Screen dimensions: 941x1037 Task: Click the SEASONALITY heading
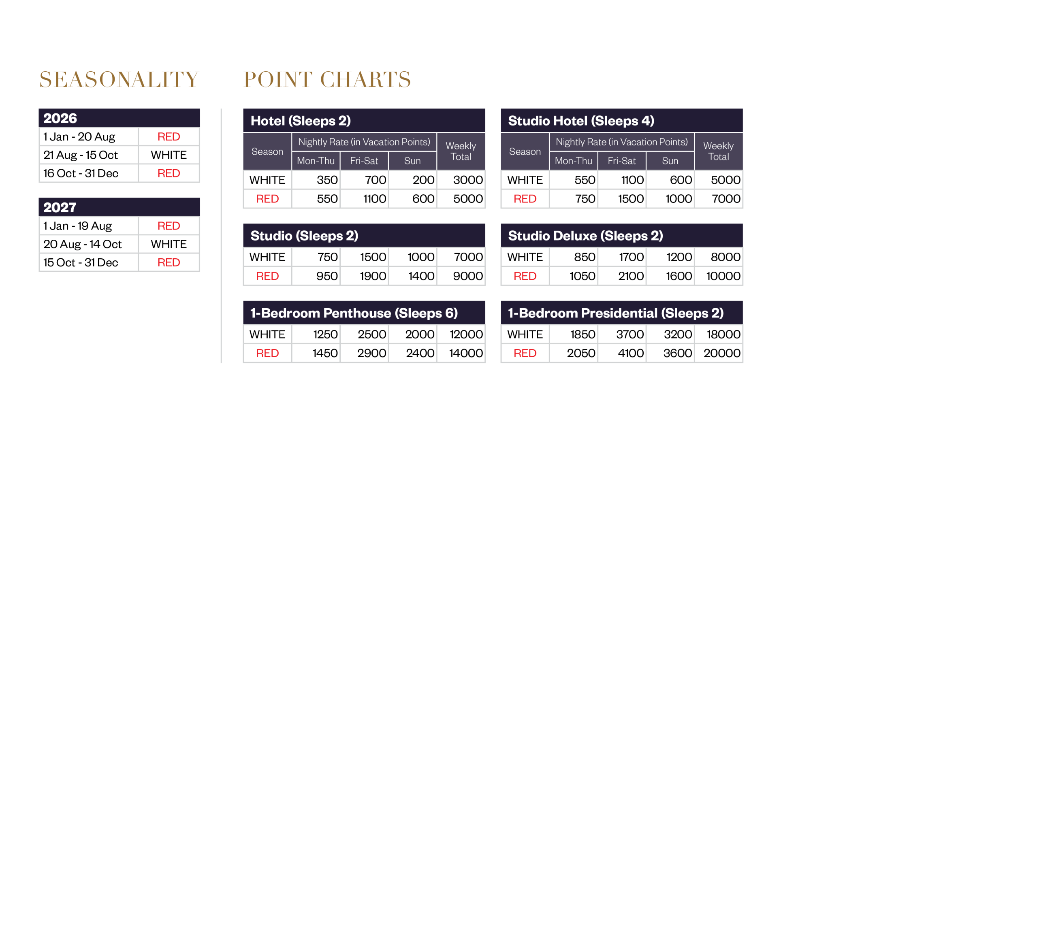point(119,80)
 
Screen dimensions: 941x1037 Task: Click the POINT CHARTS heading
point(326,80)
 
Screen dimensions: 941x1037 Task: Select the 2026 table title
point(60,118)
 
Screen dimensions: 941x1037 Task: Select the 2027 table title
point(60,207)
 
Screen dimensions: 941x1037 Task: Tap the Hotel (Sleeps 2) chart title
point(301,121)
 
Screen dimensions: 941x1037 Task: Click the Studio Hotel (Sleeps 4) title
point(581,121)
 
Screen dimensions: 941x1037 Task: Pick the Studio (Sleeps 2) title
point(304,236)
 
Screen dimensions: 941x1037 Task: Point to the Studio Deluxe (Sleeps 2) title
point(585,236)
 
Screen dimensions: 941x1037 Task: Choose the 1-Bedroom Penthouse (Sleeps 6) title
point(354,313)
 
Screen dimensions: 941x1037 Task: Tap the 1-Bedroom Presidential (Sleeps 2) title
point(616,313)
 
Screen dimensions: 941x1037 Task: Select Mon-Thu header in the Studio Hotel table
point(573,161)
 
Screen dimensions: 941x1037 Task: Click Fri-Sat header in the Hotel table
point(364,161)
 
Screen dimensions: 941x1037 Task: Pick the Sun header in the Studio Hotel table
point(670,161)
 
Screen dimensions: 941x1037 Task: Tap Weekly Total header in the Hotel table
point(461,151)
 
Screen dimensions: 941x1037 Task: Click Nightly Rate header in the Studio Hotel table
point(621,142)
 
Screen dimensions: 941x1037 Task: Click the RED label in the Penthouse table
point(267,353)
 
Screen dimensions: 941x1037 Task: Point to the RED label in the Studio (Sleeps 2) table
point(267,276)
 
